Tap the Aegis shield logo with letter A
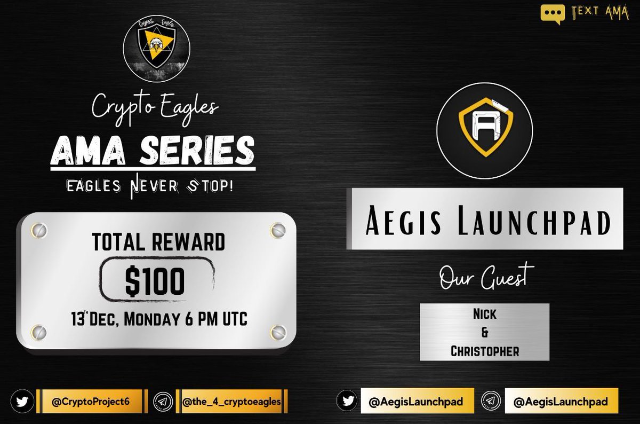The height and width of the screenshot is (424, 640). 484,129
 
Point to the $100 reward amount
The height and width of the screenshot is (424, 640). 155,281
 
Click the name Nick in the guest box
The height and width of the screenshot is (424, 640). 484,314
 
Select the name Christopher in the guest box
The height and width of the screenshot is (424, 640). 484,351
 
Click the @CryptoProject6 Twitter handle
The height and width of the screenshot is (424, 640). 91,402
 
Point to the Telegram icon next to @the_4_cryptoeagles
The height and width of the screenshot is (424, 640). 162,402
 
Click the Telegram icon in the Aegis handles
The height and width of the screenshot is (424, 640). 491,402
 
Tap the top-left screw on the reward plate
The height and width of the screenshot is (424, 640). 38,231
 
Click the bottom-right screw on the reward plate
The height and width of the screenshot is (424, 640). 277,331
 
